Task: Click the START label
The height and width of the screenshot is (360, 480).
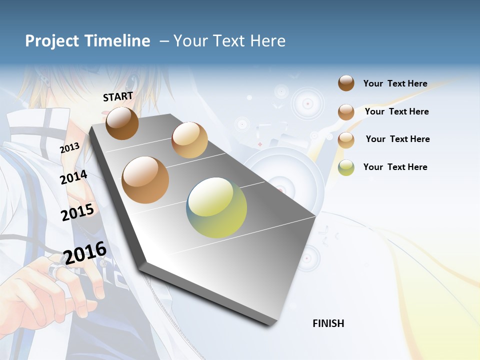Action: point(118,96)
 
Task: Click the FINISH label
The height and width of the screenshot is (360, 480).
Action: point(328,323)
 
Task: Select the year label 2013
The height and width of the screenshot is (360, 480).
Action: point(70,148)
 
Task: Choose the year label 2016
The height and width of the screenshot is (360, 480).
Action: point(85,253)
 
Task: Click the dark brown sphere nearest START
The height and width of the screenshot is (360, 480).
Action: point(122,123)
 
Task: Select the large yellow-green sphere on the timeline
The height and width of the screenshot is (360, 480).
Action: point(216,207)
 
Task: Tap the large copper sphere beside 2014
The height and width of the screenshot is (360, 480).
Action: point(145,180)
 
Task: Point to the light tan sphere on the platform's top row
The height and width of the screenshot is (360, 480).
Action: point(189,140)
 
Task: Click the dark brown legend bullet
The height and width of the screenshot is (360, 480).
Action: point(346,83)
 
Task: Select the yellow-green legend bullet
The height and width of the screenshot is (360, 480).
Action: point(346,167)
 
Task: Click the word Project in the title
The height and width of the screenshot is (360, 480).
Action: point(52,41)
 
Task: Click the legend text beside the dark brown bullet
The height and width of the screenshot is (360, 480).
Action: point(395,83)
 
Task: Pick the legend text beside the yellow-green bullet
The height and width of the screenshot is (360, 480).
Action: point(395,167)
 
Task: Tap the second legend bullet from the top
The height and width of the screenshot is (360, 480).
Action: point(346,112)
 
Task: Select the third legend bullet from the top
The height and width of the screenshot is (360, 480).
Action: point(346,140)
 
